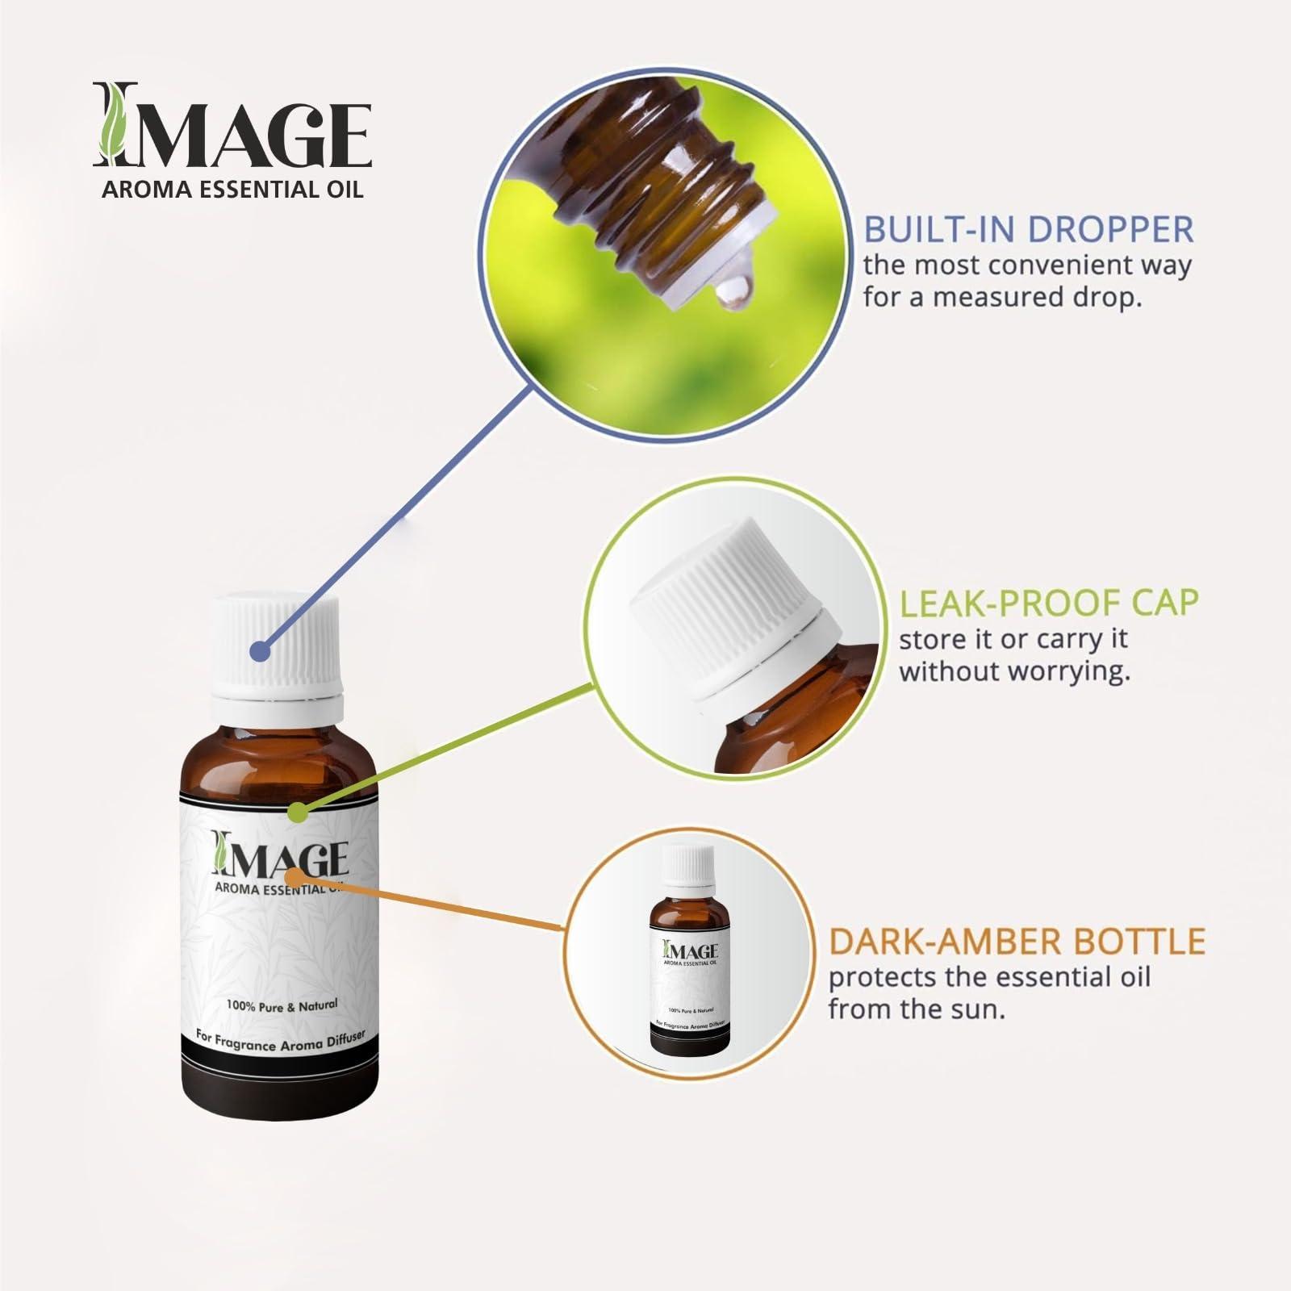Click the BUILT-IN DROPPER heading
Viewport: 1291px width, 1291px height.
[1028, 229]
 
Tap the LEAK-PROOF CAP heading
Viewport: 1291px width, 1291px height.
[1049, 602]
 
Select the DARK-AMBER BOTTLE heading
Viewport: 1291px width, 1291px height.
[1017, 941]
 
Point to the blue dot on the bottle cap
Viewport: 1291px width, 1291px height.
[259, 650]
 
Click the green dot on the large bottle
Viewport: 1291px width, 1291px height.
[299, 812]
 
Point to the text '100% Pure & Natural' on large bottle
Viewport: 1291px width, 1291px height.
[282, 1005]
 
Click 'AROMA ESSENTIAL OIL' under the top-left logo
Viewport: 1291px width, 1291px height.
[231, 190]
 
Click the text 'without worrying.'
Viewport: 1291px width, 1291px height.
[1014, 671]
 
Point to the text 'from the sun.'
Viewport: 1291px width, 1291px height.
[917, 1009]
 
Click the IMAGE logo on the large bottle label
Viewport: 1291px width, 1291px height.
[279, 852]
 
